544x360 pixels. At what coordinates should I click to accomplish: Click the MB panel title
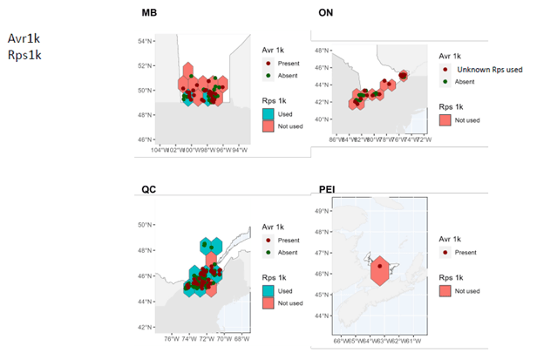149,14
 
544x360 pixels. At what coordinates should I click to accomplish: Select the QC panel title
149,190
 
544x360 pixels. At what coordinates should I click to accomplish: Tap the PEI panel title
323,190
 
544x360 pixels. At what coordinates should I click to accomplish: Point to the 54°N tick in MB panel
145,41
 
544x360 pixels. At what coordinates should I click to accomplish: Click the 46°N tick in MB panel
145,139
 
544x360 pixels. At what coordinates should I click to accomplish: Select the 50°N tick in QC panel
145,225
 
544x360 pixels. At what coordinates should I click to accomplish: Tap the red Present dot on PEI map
379,265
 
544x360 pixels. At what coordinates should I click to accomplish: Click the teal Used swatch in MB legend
269,113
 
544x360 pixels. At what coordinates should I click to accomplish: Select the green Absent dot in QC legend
269,252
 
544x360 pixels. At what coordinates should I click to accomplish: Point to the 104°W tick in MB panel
159,150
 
